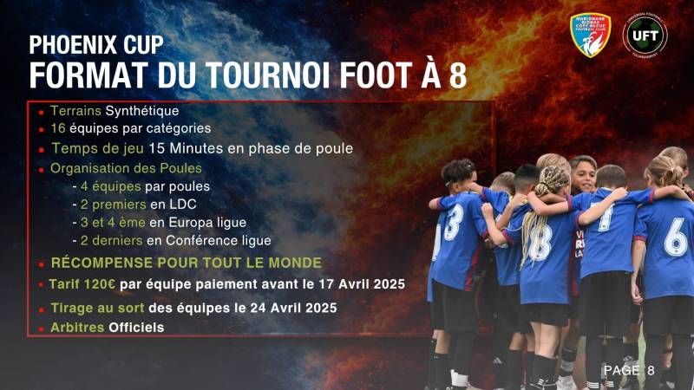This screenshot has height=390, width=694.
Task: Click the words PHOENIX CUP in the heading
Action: point(95,45)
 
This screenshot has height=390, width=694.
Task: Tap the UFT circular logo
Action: point(645,36)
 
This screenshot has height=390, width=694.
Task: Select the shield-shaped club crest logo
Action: point(590,36)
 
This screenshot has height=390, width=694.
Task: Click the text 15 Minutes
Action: point(182,148)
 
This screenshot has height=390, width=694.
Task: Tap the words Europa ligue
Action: point(220,222)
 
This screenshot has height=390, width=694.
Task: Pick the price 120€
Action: point(102,285)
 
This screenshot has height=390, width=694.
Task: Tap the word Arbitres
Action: point(76,327)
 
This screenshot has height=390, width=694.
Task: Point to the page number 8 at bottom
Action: point(651,370)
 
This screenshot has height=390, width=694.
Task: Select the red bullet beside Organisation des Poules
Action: point(42,168)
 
